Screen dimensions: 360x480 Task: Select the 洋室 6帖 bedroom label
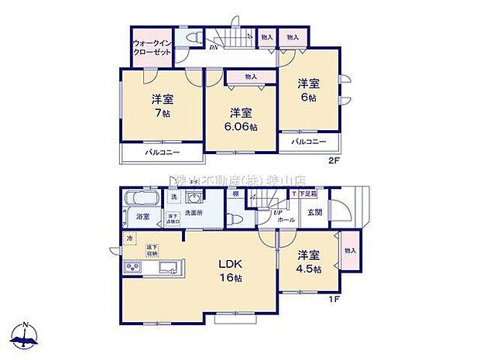(x=308, y=91)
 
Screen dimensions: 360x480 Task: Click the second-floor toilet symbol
(x=191, y=38)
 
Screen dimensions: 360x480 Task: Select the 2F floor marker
(x=334, y=160)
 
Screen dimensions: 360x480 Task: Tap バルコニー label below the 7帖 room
(x=161, y=154)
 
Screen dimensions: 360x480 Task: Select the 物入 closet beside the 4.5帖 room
(x=351, y=250)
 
